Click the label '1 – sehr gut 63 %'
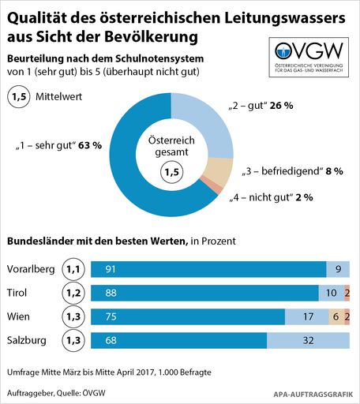(58, 146)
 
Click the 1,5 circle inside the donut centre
(171, 170)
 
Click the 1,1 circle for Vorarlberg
(73, 269)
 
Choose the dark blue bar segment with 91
(208, 269)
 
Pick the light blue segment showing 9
(338, 269)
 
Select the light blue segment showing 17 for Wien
(306, 316)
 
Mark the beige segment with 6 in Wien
(336, 316)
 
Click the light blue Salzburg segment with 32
(308, 340)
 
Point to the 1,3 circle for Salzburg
(73, 340)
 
